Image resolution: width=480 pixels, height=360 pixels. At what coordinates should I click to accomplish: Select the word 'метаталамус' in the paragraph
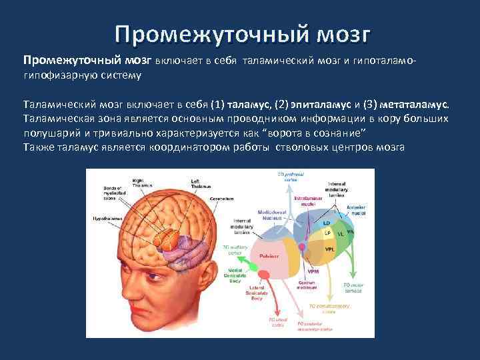coord(411,105)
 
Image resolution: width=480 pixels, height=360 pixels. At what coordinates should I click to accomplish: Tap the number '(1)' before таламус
coord(217,105)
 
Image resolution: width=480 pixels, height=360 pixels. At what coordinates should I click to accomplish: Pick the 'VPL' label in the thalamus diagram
coord(329,249)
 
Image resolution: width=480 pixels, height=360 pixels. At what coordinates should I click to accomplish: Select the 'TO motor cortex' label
coord(353,288)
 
